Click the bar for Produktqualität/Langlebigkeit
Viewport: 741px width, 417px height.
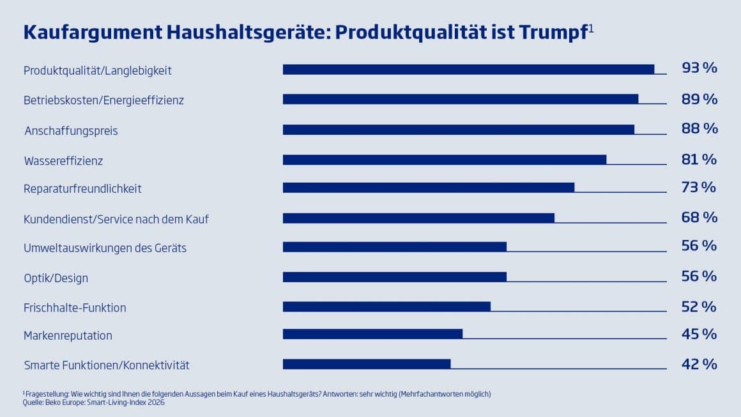click(x=468, y=70)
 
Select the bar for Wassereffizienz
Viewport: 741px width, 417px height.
click(x=445, y=160)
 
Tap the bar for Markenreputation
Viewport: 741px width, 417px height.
click(x=372, y=334)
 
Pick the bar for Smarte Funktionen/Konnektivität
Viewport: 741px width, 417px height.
click(x=367, y=364)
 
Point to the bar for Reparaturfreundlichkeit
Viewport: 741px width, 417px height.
click(x=429, y=188)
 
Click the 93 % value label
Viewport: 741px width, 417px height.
click(x=699, y=68)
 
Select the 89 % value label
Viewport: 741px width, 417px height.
click(x=699, y=99)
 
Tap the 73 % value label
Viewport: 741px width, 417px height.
click(x=699, y=187)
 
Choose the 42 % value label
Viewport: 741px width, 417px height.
click(x=699, y=364)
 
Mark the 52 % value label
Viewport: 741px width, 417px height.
click(x=699, y=307)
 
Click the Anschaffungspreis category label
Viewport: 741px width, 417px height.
click(x=71, y=131)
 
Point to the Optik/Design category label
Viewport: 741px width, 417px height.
click(x=56, y=278)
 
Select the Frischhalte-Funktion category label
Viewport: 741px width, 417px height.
click(x=75, y=308)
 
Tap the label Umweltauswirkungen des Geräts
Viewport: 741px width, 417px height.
click(x=105, y=248)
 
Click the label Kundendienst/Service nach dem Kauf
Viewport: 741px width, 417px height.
click(x=116, y=219)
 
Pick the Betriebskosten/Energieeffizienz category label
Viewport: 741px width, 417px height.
click(x=103, y=100)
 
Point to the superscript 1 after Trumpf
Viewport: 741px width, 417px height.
click(x=592, y=27)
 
